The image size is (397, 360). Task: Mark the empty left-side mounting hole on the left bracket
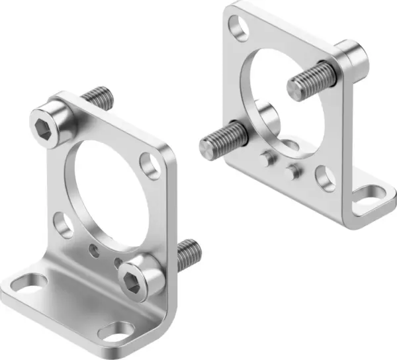point(64,225)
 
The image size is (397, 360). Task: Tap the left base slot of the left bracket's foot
point(22,286)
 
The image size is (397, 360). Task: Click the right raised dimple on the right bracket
point(291,171)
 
